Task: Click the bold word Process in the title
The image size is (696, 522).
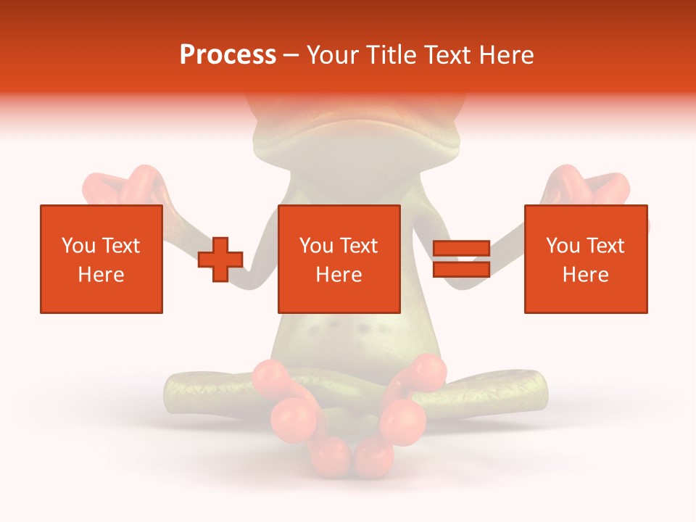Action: [x=228, y=55]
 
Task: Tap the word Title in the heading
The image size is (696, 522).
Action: [x=389, y=55]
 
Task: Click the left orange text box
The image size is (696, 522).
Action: [x=101, y=259]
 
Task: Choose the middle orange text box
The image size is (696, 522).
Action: [x=339, y=259]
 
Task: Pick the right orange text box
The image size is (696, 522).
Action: [x=585, y=259]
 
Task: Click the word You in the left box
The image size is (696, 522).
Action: [x=77, y=246]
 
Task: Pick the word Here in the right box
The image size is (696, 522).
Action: [x=585, y=275]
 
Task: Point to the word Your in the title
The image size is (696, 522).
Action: [x=331, y=55]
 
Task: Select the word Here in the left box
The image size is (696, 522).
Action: [x=101, y=275]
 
